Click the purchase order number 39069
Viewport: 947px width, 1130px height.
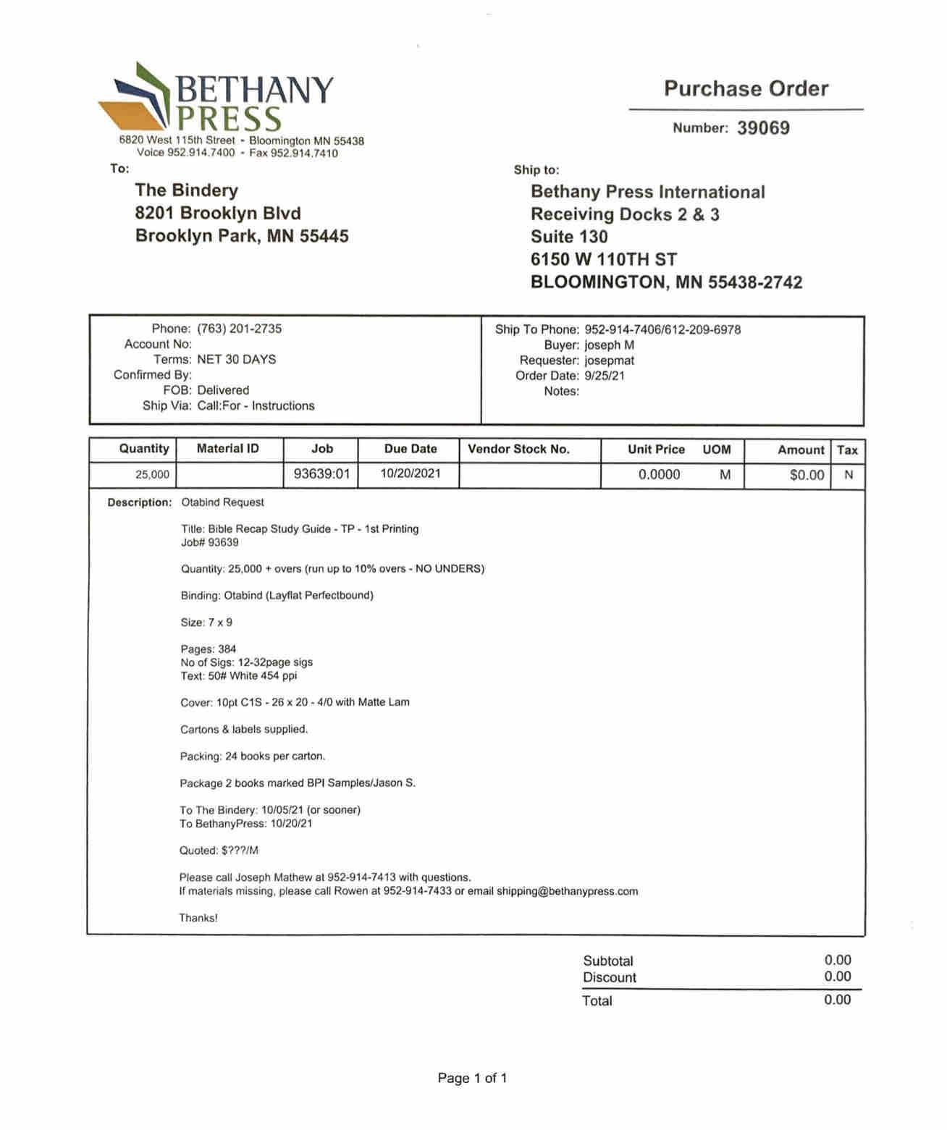[x=763, y=128]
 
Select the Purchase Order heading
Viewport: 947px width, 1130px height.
[x=746, y=89]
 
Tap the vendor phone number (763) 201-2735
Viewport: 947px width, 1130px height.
[x=239, y=329]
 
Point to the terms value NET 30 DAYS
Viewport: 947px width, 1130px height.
[x=236, y=359]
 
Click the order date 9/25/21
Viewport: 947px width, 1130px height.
[x=605, y=376]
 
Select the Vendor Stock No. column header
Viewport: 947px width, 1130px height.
[x=518, y=449]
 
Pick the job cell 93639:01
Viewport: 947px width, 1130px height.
[x=321, y=474]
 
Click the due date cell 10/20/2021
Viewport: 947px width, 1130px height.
[x=410, y=474]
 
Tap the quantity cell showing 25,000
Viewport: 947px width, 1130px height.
[x=152, y=475]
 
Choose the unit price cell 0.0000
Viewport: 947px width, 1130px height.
[x=659, y=475]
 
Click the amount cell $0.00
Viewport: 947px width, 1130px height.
[x=807, y=475]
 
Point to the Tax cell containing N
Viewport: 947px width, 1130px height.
[x=849, y=475]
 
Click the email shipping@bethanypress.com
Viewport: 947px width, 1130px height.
[x=567, y=891]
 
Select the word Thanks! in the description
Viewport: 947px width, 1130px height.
[x=198, y=918]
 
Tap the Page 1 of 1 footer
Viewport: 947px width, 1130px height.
[x=472, y=1078]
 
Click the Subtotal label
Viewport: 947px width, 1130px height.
[x=608, y=961]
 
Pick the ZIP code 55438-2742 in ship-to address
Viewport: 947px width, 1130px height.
[x=755, y=282]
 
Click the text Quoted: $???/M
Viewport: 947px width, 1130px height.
[x=219, y=851]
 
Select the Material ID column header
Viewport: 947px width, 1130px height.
[x=227, y=449]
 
